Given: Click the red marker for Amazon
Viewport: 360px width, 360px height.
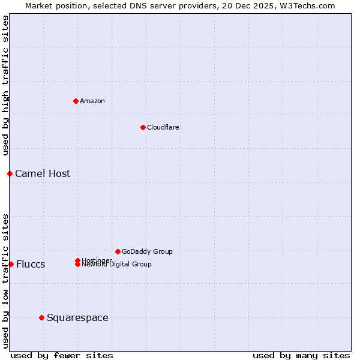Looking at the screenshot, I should pyautogui.click(x=76, y=101).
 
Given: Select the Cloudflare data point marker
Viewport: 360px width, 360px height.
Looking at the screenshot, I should pyautogui.click(x=143, y=127).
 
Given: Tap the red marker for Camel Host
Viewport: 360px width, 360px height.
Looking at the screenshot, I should pyautogui.click(x=10, y=173).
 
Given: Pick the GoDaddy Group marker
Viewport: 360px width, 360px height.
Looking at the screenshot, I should pyautogui.click(x=118, y=251).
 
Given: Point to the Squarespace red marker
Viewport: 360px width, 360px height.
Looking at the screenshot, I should pyautogui.click(x=41, y=317).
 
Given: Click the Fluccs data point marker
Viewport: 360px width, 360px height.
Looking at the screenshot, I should pyautogui.click(x=11, y=264).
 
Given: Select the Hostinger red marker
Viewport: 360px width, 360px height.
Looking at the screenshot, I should pyautogui.click(x=77, y=260).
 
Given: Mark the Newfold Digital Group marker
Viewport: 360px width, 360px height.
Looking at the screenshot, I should pyautogui.click(x=77, y=265).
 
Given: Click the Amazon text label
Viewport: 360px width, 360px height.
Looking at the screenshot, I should pyautogui.click(x=92, y=101).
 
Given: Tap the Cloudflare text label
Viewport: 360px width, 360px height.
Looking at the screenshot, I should pyautogui.click(x=163, y=127).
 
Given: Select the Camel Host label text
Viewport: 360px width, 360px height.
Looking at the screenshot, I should pyautogui.click(x=43, y=173).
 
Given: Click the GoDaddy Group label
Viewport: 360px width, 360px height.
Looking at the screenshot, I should pyautogui.click(x=147, y=251).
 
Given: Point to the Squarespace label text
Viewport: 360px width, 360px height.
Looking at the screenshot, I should pyautogui.click(x=77, y=317).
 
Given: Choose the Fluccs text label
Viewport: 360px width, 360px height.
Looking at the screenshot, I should pyautogui.click(x=31, y=265).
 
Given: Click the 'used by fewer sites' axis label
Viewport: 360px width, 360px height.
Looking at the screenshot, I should pyautogui.click(x=62, y=355).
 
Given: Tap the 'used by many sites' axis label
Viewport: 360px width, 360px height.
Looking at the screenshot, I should pyautogui.click(x=301, y=355).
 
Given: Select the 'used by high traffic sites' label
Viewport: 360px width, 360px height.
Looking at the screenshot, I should pyautogui.click(x=5, y=85).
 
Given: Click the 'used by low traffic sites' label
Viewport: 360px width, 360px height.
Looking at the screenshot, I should pyautogui.click(x=5, y=280).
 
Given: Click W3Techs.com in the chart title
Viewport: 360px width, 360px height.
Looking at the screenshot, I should pyautogui.click(x=309, y=5).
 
